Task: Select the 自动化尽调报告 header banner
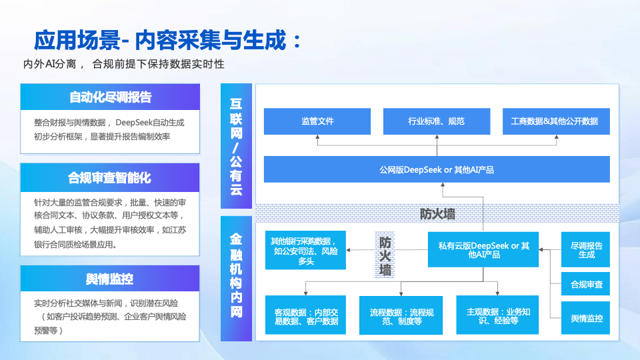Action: point(110,97)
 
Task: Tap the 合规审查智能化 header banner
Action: point(110,178)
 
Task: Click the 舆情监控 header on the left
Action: point(110,279)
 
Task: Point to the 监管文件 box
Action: point(317,121)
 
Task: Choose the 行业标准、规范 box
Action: point(437,121)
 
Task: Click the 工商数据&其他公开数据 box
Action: point(555,121)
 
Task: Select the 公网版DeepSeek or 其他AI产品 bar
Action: point(437,169)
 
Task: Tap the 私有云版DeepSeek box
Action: point(484,250)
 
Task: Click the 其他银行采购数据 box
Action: point(305,250)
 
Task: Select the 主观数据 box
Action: point(497,315)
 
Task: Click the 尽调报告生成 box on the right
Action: point(587,250)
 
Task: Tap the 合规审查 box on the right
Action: point(587,285)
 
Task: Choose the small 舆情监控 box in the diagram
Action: point(587,319)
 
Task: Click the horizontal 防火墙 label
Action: point(437,214)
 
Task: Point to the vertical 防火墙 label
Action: point(385,256)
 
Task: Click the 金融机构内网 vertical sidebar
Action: point(237,276)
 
